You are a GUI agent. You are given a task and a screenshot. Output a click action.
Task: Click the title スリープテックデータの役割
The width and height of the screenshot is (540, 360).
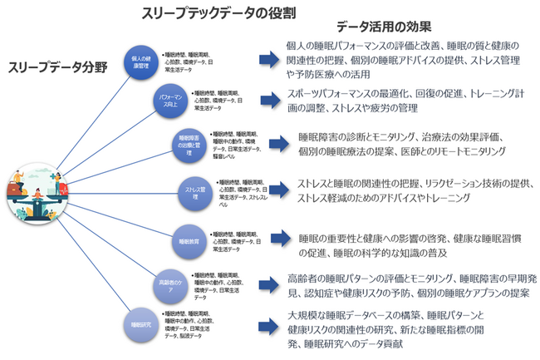(219, 13)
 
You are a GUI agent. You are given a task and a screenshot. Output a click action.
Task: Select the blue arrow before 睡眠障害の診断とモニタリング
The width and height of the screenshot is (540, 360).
(282, 145)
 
